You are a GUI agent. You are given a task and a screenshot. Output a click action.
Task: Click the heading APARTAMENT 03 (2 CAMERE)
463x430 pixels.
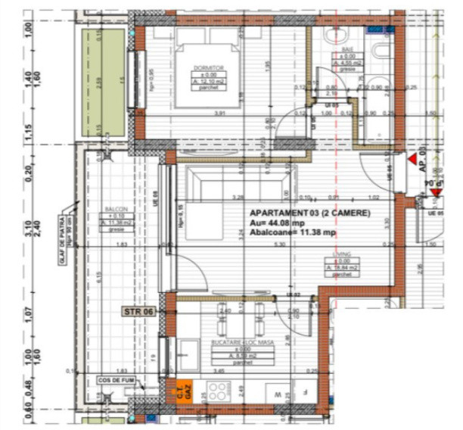pyautogui.click(x=309, y=214)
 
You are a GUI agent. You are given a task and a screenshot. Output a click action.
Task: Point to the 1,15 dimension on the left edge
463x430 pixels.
pyautogui.click(x=30, y=132)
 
